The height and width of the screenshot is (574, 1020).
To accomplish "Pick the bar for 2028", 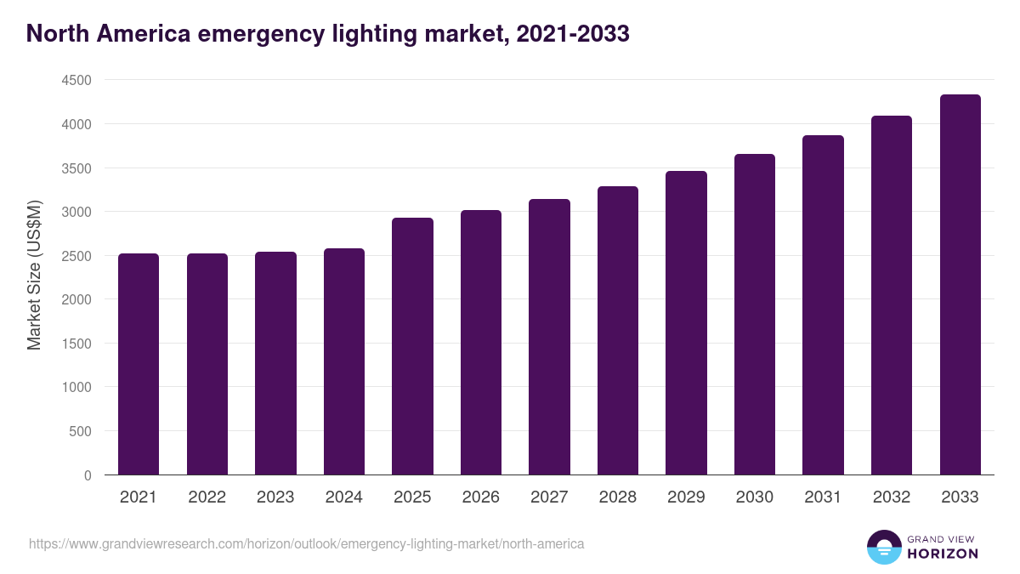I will (618, 331).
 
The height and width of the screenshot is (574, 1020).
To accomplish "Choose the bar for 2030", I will (755, 315).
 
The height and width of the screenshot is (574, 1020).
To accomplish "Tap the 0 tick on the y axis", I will (87, 475).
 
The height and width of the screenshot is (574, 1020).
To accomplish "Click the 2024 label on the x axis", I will (343, 497).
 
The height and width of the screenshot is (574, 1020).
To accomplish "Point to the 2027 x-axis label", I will (549, 497).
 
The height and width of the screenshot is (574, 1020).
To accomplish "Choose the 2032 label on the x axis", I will (892, 497).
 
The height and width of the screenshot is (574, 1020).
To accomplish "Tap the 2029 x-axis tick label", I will (686, 497).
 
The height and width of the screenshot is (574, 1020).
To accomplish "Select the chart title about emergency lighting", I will (327, 34).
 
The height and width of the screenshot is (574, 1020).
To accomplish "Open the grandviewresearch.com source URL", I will (307, 543).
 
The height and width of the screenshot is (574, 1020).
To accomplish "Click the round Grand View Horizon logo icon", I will (883, 547).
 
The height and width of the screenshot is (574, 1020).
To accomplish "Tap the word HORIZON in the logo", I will (943, 554).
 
